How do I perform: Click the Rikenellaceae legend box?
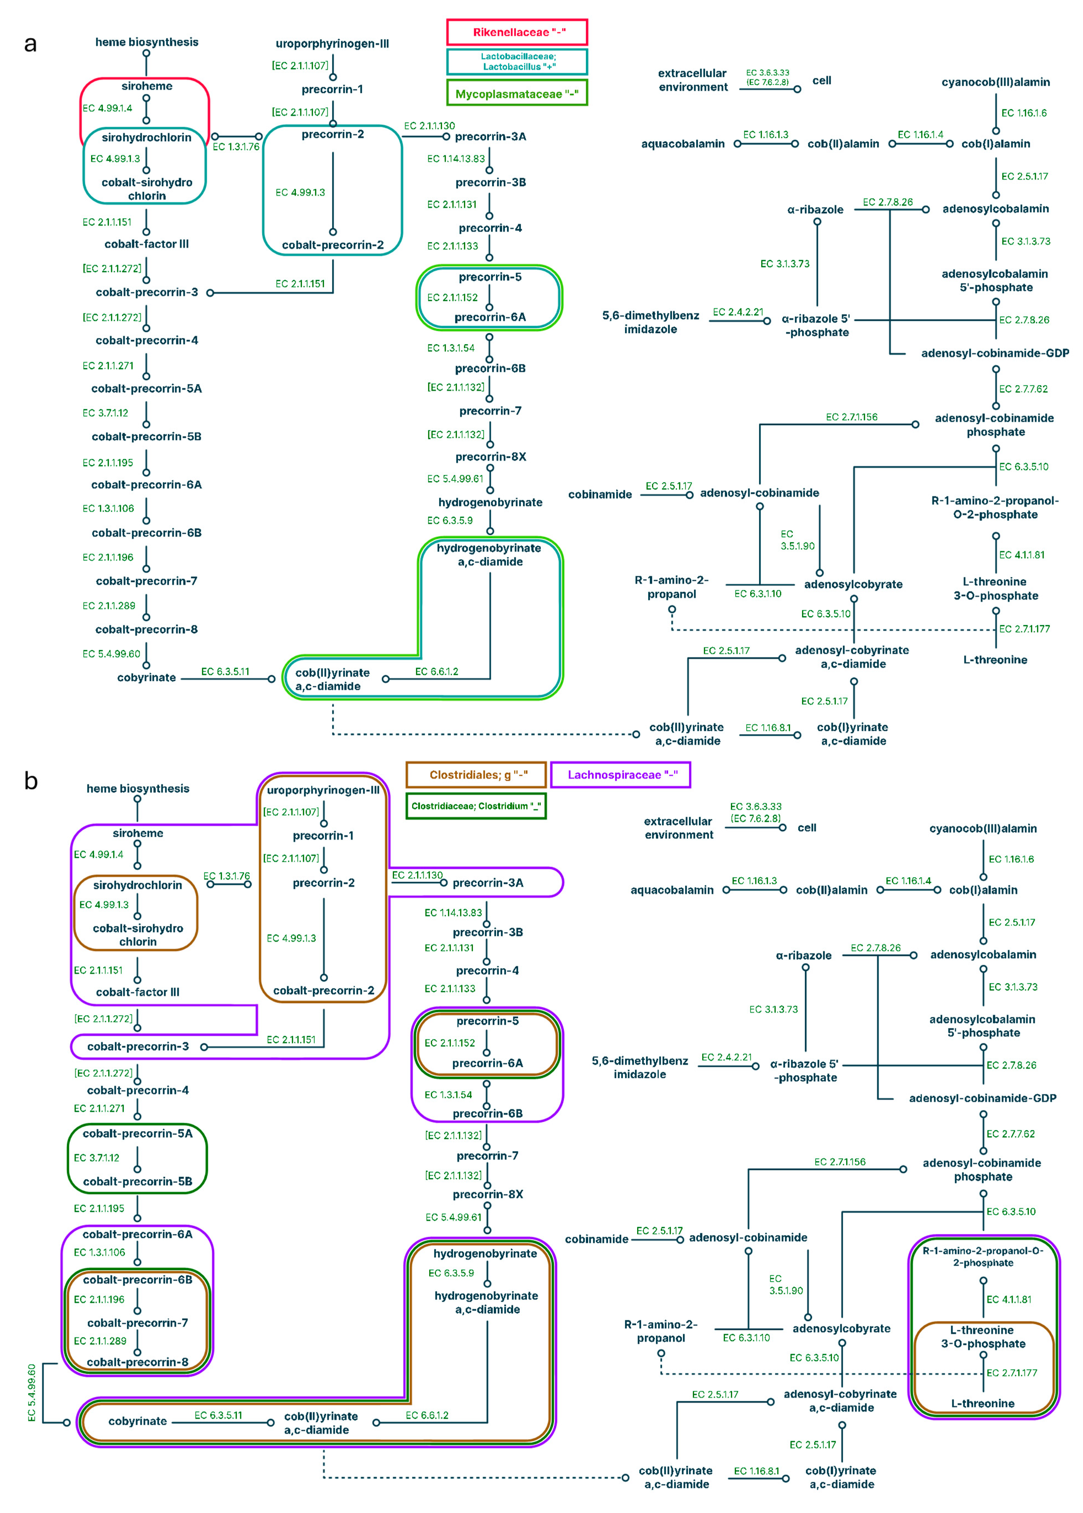coord(517,32)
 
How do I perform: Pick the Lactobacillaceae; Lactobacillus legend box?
coord(517,61)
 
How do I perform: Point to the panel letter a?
coord(30,44)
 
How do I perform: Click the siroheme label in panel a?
coord(147,86)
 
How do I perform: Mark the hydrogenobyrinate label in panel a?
coord(490,502)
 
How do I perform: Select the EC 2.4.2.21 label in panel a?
coord(738,312)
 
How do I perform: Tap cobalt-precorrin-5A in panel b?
coord(137,1133)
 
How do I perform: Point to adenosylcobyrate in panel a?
coord(853,584)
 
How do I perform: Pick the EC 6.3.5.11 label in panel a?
coord(226,672)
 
